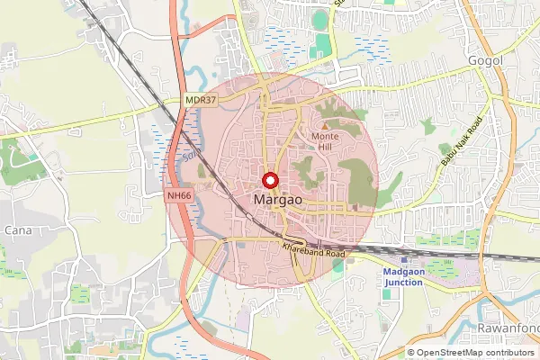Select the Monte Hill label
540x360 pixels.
coord(325,141)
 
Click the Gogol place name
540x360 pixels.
coord(484,60)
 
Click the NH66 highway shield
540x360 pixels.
coord(180,194)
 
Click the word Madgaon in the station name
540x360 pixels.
coord(409,271)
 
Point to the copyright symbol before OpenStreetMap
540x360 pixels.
coord(411,353)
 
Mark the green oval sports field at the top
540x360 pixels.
coord(320,20)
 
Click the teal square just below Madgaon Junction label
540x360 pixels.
coord(386,293)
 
